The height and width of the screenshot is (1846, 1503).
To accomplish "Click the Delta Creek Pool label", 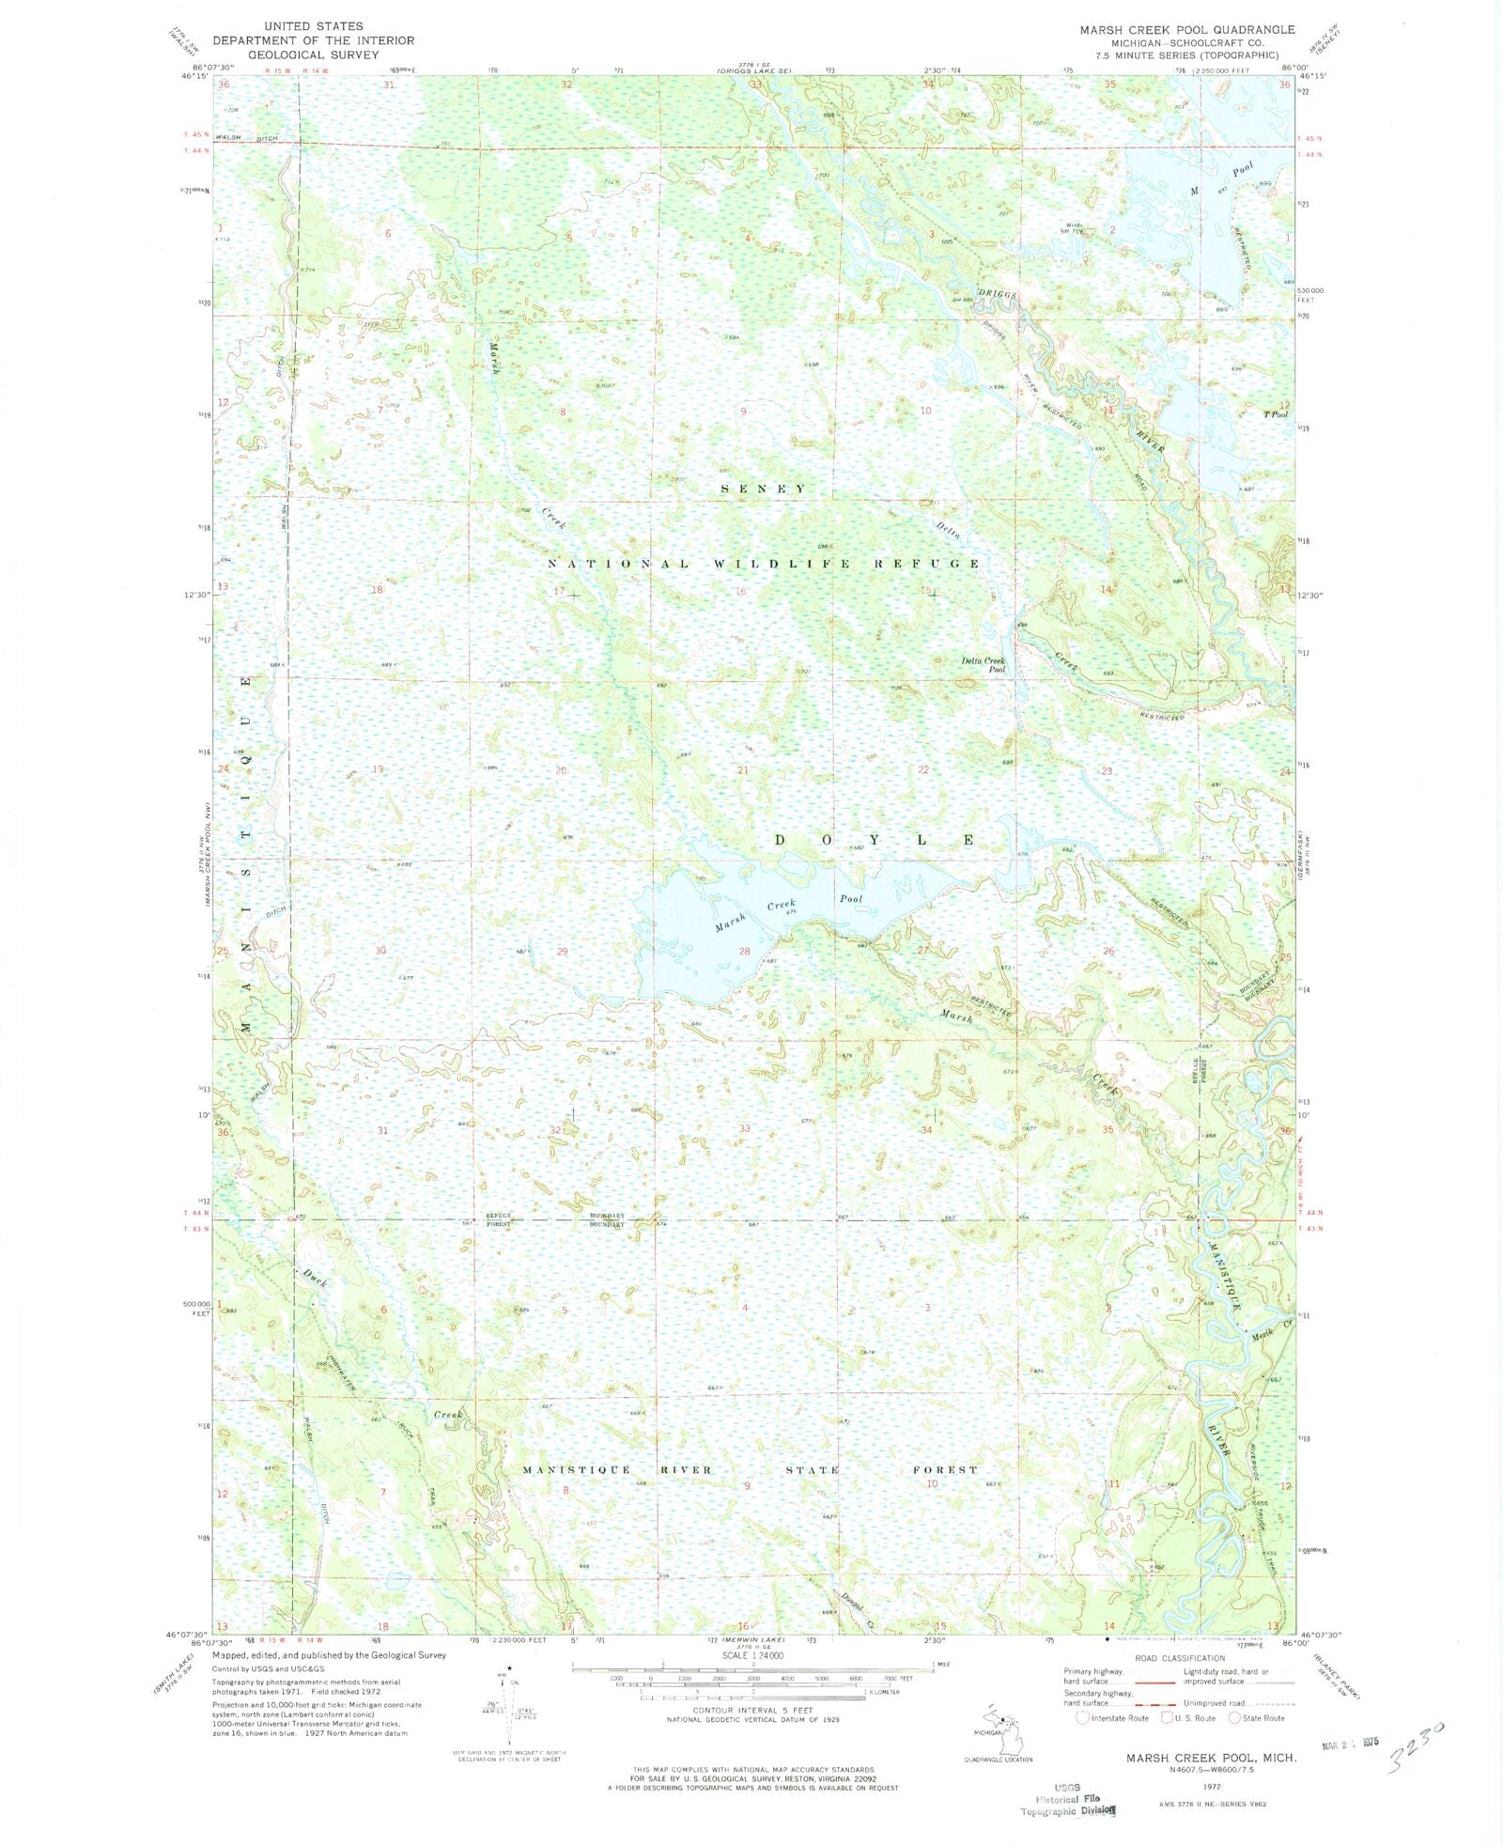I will point(983,664).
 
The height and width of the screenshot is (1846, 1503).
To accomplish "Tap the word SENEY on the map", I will point(763,489).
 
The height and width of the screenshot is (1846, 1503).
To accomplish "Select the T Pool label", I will point(1276,414).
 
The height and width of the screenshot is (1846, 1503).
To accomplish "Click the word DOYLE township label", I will point(875,840).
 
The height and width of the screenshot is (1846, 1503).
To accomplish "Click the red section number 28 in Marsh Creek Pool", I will point(744,951).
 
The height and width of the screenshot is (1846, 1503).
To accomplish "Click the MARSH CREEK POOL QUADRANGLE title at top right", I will point(1186,30).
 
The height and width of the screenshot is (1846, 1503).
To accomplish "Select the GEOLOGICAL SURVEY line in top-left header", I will point(313,54).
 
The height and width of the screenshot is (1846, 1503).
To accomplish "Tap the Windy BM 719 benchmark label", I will point(1074,227).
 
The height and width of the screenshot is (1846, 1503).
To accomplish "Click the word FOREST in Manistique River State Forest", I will point(945,1469).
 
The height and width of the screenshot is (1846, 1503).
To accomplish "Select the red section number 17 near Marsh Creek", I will point(560,591).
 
